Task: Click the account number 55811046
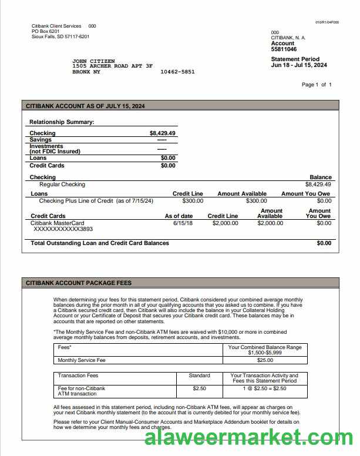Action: (284, 49)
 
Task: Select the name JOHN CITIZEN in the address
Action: (93, 61)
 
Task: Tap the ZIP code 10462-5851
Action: (177, 72)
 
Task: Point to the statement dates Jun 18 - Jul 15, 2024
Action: (299, 65)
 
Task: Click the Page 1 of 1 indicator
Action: (317, 85)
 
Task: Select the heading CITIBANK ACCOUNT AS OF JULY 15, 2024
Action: (85, 106)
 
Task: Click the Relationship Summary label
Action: (62, 122)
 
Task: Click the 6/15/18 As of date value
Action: (183, 223)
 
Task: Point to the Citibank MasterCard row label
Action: (57, 223)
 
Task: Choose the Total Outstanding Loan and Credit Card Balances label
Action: (99, 243)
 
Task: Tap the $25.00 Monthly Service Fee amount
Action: (265, 360)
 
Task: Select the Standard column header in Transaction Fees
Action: (200, 375)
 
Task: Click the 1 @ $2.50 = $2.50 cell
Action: (264, 388)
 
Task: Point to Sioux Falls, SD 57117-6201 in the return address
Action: (60, 36)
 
